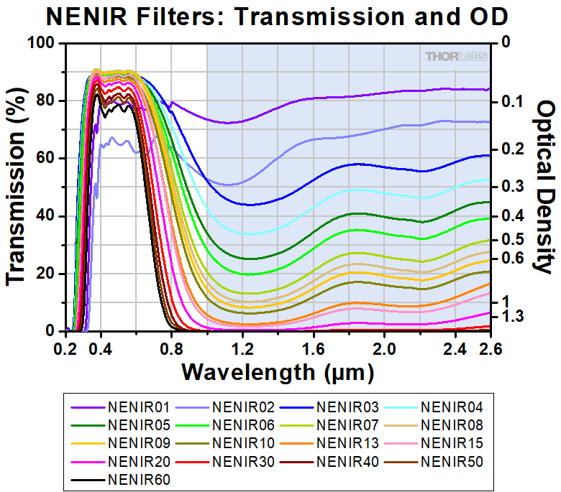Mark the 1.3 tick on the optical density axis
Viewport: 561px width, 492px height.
coord(516,317)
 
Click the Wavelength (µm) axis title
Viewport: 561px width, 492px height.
coord(278,372)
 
